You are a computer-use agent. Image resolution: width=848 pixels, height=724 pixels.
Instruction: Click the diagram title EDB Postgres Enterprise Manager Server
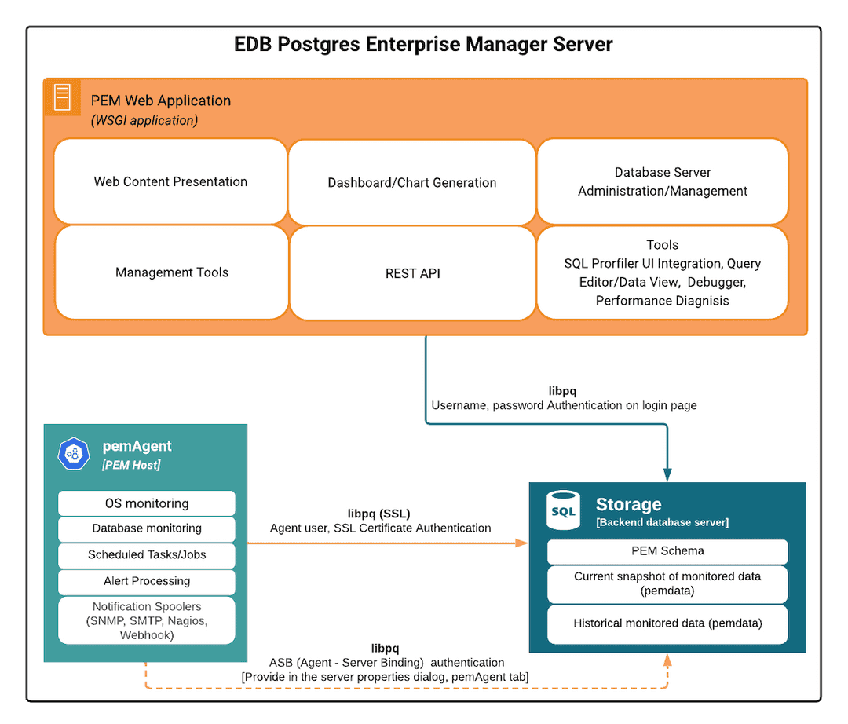tap(423, 44)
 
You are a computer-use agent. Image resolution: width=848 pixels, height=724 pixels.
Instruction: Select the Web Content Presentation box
tap(170, 181)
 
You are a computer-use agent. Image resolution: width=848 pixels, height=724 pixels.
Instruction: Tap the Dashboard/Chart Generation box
tap(411, 182)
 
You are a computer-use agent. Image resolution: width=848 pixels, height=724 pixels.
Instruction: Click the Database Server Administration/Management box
tap(662, 181)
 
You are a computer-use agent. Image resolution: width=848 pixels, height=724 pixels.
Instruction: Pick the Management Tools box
tap(171, 272)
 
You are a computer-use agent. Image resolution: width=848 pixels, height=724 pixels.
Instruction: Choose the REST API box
tap(411, 273)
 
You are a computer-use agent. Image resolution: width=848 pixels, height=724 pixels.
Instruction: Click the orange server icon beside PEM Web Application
tap(62, 97)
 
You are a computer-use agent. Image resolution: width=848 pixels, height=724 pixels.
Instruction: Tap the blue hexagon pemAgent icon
tap(75, 454)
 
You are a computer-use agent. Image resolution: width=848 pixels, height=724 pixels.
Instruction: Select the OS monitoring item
tap(147, 503)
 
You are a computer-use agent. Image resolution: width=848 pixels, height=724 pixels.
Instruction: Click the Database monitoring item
tap(147, 528)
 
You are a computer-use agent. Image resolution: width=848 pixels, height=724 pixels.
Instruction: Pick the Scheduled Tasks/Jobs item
tap(147, 554)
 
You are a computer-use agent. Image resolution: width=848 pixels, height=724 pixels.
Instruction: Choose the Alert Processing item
tap(147, 581)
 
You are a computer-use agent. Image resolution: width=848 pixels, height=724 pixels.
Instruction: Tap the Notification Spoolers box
tap(147, 620)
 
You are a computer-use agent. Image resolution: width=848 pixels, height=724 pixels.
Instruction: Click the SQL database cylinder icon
tap(563, 510)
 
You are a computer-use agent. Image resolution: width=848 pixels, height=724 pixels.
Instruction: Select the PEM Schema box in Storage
tap(667, 551)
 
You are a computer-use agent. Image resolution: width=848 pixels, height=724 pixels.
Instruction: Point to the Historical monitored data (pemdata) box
tap(667, 623)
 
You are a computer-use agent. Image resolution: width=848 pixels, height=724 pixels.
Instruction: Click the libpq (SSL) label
tap(379, 514)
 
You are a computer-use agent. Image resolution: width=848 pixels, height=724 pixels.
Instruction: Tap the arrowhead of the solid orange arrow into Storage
tap(521, 543)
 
